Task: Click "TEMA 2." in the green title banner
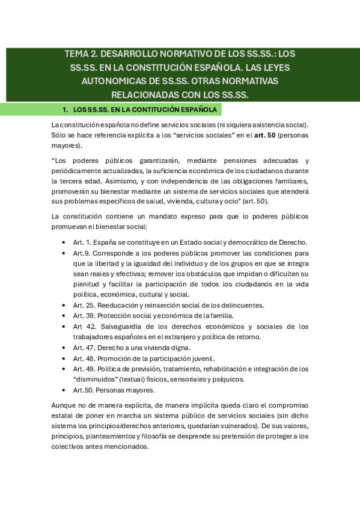click(80, 54)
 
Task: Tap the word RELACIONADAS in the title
click(145, 95)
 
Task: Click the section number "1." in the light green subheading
click(66, 110)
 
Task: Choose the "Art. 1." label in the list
click(82, 242)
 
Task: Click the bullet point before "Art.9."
click(64, 253)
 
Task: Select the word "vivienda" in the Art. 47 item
click(156, 348)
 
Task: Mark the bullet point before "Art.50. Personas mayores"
click(64, 390)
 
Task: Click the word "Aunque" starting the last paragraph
click(64, 405)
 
